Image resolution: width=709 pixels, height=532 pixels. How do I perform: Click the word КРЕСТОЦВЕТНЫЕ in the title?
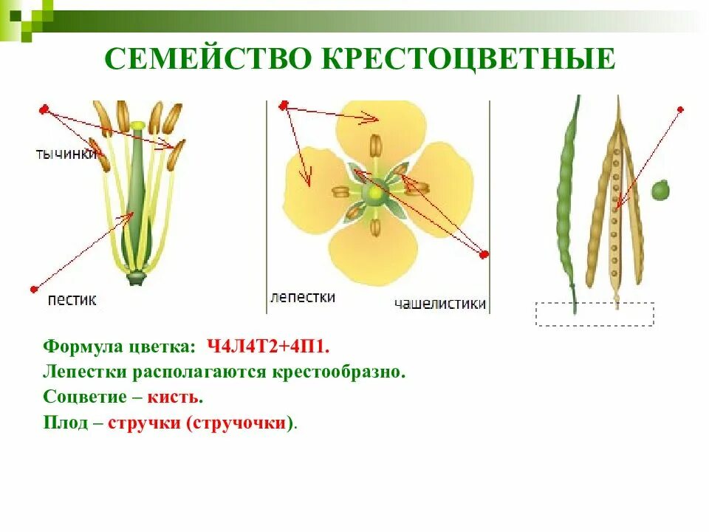[468, 59]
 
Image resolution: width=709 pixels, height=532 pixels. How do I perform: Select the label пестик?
[72, 300]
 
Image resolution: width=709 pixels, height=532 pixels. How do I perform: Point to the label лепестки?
[303, 297]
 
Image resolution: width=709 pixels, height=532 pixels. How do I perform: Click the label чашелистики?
[440, 303]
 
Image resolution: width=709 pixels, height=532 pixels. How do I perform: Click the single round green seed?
[660, 191]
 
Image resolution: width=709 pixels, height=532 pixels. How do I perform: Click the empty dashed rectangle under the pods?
[595, 314]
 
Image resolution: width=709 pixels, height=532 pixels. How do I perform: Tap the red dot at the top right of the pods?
[680, 109]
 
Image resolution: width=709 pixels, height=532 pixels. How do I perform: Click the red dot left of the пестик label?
[33, 289]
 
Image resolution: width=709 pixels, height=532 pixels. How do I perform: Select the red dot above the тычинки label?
[44, 110]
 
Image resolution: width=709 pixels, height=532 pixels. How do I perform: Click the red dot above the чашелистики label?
[484, 256]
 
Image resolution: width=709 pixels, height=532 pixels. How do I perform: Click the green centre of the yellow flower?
[375, 193]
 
